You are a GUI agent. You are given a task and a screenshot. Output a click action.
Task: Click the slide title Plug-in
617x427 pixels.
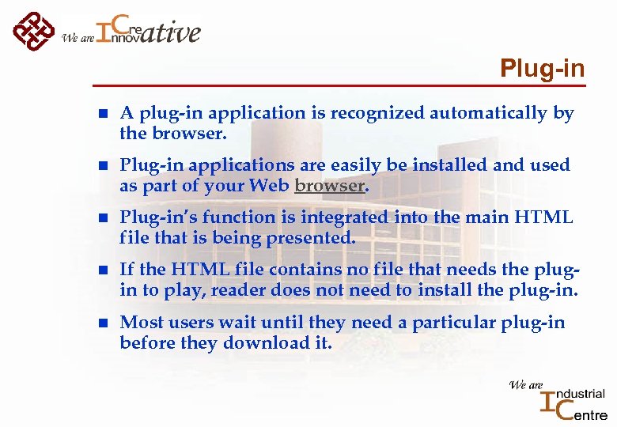[x=543, y=69]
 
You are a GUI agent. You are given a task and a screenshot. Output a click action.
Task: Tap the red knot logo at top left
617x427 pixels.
[x=32, y=30]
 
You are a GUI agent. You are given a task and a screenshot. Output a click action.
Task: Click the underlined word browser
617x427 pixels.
[x=329, y=186]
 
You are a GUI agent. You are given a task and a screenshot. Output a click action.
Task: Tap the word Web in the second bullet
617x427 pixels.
[x=267, y=186]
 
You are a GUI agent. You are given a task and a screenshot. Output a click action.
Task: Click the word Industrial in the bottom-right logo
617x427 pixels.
[x=581, y=394]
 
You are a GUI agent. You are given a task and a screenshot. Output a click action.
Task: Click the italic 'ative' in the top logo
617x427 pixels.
[x=173, y=33]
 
